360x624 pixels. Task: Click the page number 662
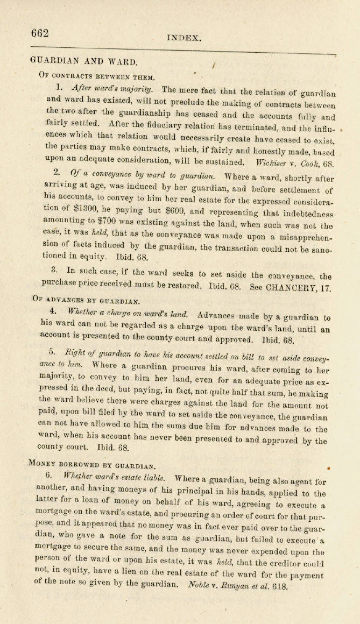40,33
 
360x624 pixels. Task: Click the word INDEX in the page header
185,38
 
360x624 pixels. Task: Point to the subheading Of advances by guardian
86,301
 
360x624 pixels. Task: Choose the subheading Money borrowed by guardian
94,464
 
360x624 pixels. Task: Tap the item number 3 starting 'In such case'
47,275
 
